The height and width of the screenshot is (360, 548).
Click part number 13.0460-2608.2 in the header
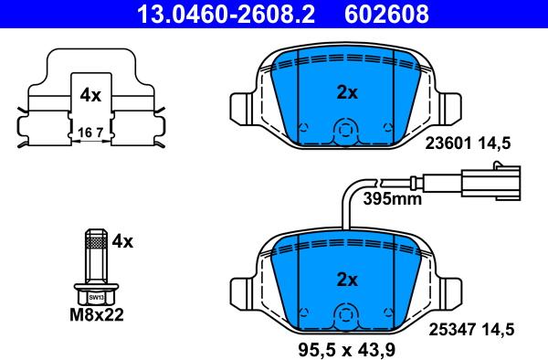pyautogui.click(x=227, y=14)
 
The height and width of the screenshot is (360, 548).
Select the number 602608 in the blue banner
pyautogui.click(x=386, y=14)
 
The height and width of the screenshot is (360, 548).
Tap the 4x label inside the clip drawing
pyautogui.click(x=90, y=95)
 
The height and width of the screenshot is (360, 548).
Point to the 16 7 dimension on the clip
pyautogui.click(x=90, y=132)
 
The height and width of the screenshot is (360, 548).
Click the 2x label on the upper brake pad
pyautogui.click(x=347, y=92)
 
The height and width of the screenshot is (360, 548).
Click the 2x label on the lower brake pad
pyautogui.click(x=347, y=280)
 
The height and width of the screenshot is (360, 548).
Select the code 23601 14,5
pyautogui.click(x=468, y=143)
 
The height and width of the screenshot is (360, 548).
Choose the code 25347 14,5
pyautogui.click(x=471, y=330)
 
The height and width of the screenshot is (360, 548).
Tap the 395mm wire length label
pyautogui.click(x=392, y=199)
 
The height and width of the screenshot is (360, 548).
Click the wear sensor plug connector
pyautogui.click(x=491, y=182)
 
